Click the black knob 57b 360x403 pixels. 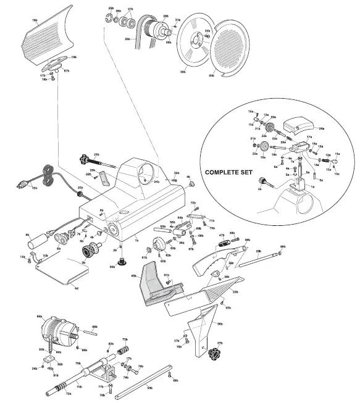click(x=215, y=354)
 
